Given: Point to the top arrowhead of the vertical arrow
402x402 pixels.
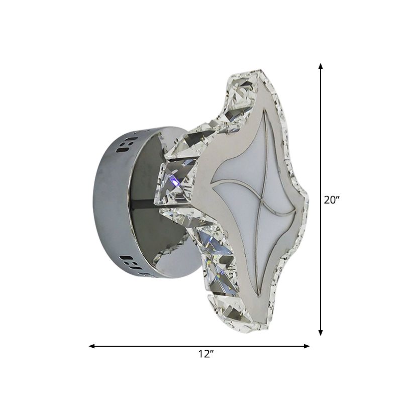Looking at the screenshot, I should click(321, 66).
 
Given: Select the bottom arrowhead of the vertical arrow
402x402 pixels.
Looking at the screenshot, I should click(321, 332).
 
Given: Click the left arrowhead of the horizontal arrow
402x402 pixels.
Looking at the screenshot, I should click(92, 346).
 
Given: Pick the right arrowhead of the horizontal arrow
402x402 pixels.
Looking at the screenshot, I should click(307, 346).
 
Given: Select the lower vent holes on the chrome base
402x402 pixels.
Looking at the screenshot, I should click(132, 261).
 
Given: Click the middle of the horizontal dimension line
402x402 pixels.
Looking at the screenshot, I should click(199, 346).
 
